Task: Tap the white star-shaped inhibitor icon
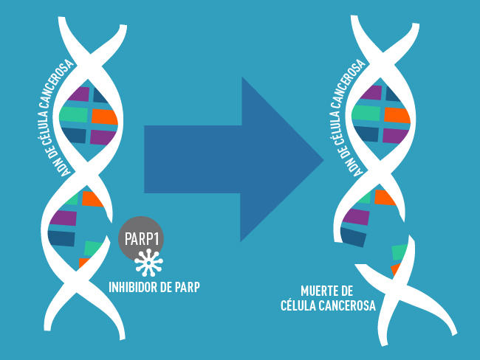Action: (151, 262)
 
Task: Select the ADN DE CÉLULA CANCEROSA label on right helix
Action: (359, 118)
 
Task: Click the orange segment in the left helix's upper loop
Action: (104, 116)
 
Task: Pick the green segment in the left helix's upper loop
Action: (74, 114)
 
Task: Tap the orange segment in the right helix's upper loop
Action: (397, 115)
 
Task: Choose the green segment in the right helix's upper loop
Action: (367, 113)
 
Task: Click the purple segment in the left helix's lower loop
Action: (63, 218)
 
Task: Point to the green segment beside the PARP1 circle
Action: (94, 248)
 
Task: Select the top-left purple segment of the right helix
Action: (370, 93)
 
